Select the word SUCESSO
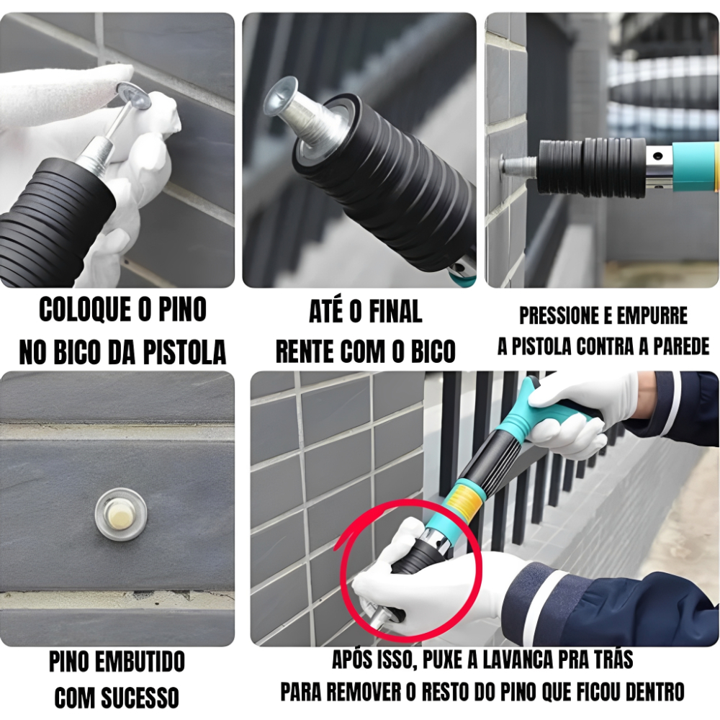tap(140, 698)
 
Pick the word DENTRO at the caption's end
tap(654, 692)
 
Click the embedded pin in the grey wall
tap(121, 513)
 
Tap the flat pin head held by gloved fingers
tap(134, 96)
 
